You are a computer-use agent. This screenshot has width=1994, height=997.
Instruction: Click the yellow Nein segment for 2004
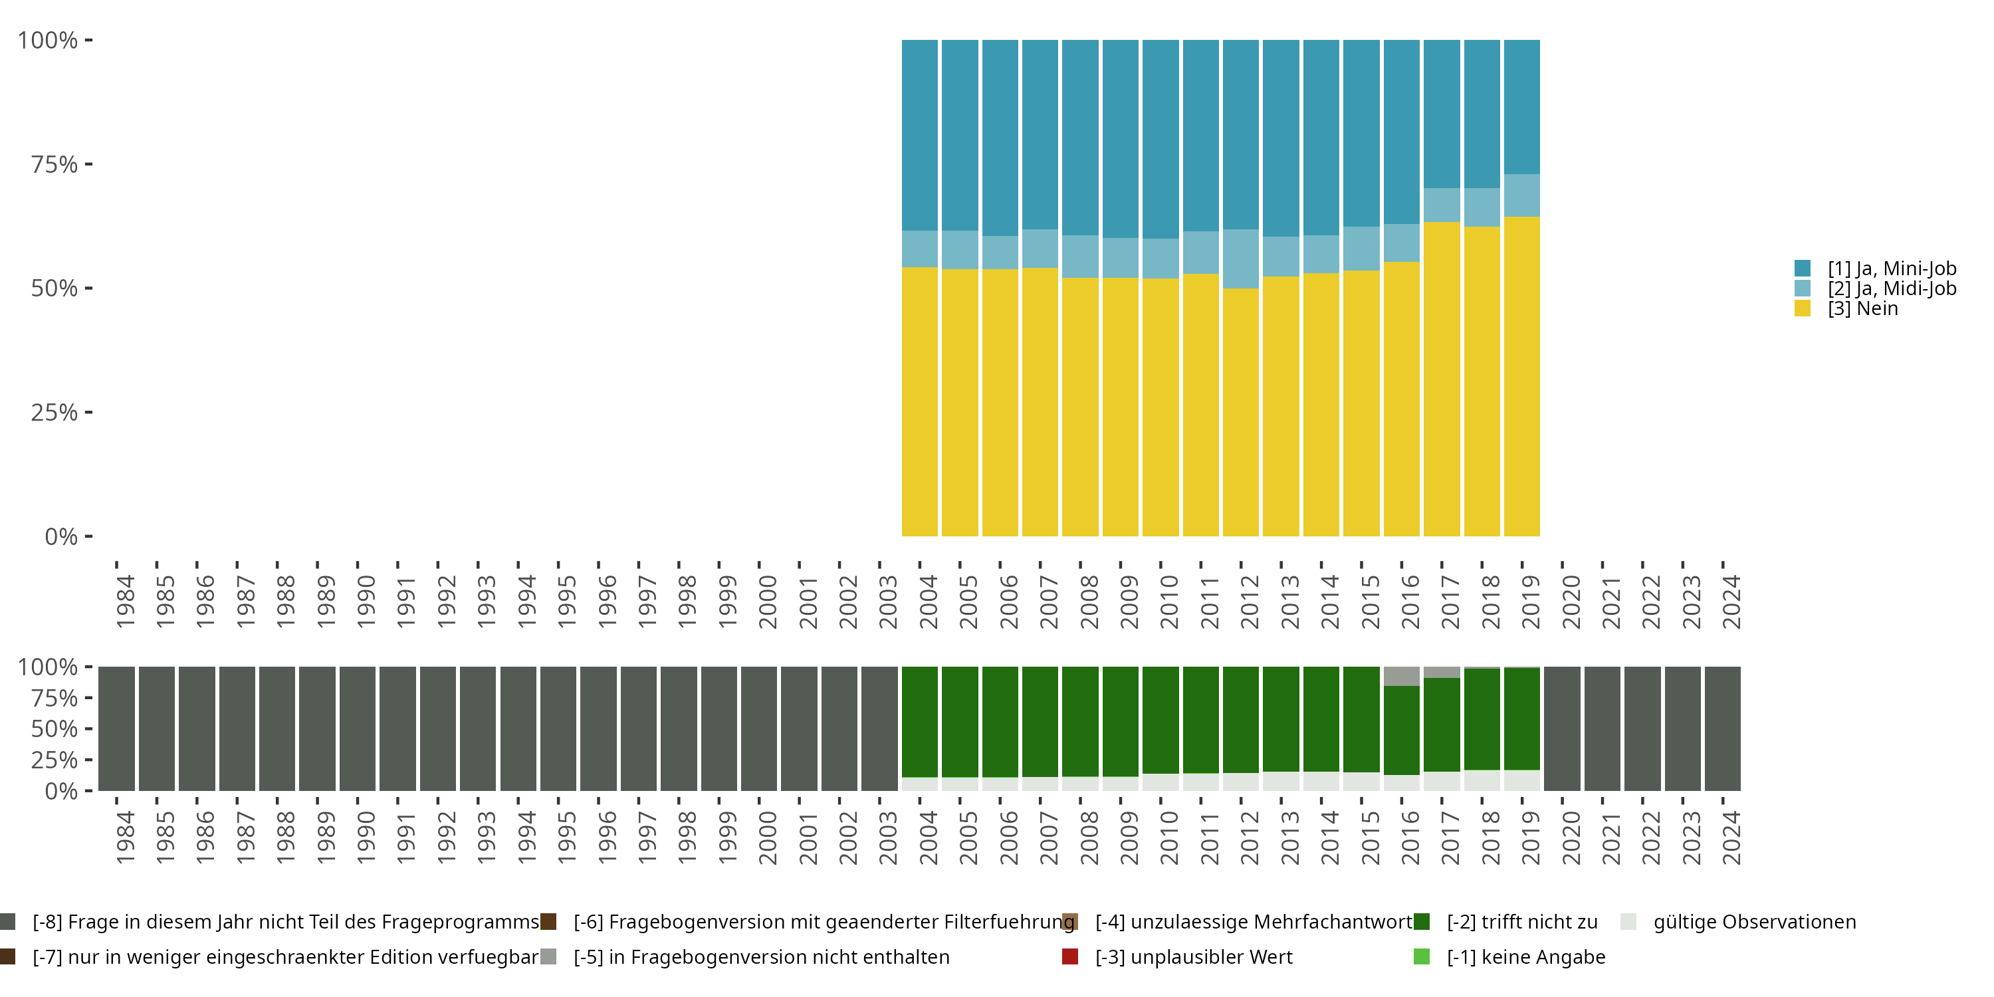pyautogui.click(x=920, y=401)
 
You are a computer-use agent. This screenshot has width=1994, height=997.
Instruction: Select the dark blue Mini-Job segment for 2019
pyautogui.click(x=1522, y=107)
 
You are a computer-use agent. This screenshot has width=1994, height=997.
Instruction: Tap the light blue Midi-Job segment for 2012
pyautogui.click(x=1241, y=259)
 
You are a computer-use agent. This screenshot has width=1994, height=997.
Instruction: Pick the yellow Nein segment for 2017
pyautogui.click(x=1441, y=380)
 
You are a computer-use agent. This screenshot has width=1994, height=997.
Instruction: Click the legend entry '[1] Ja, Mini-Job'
pyautogui.click(x=1876, y=269)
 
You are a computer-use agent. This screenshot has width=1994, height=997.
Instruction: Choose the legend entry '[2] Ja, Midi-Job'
pyautogui.click(x=1876, y=288)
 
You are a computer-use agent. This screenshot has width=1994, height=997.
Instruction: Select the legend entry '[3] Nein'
pyautogui.click(x=1846, y=308)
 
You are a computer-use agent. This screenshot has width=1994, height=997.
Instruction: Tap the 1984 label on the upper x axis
pyautogui.click(x=125, y=602)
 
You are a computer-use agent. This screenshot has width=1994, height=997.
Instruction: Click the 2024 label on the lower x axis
pyautogui.click(x=1731, y=837)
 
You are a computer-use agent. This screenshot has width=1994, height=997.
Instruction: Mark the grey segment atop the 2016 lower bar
pyautogui.click(x=1402, y=676)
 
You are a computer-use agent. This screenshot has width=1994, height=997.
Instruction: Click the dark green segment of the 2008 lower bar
pyautogui.click(x=1081, y=721)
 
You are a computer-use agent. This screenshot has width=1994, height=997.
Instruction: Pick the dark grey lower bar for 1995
pyautogui.click(x=558, y=728)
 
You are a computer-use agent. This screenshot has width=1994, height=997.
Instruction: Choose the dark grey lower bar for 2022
pyautogui.click(x=1642, y=728)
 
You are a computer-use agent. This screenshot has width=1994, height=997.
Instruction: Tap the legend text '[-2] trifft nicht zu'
pyautogui.click(x=1523, y=922)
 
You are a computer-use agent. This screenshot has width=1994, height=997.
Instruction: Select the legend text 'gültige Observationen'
pyautogui.click(x=1755, y=922)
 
